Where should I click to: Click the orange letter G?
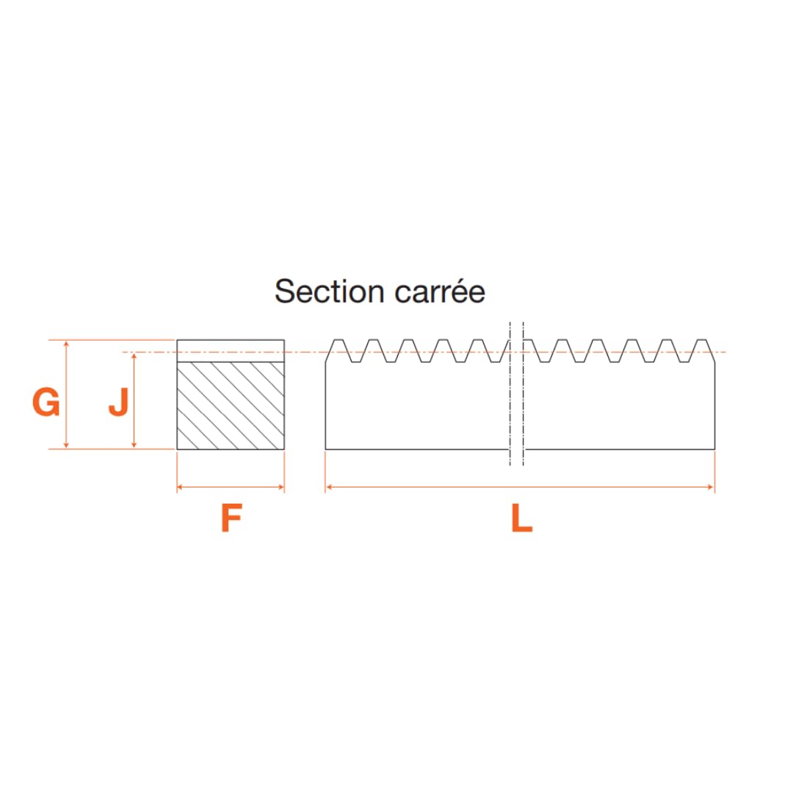pyautogui.click(x=46, y=402)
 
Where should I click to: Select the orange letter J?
pyautogui.click(x=120, y=402)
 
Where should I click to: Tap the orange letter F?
pyautogui.click(x=231, y=518)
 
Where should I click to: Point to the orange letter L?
pyautogui.click(x=522, y=518)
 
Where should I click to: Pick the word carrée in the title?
pyautogui.click(x=440, y=292)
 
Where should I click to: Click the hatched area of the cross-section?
pyautogui.click(x=231, y=405)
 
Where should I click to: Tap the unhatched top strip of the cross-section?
pyautogui.click(x=231, y=351)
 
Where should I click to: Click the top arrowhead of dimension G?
pyautogui.click(x=66, y=344)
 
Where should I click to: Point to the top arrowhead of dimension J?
pyautogui.click(x=134, y=356)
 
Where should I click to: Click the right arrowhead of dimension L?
pyautogui.click(x=711, y=487)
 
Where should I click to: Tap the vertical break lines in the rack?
pyautogui.click(x=516, y=394)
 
